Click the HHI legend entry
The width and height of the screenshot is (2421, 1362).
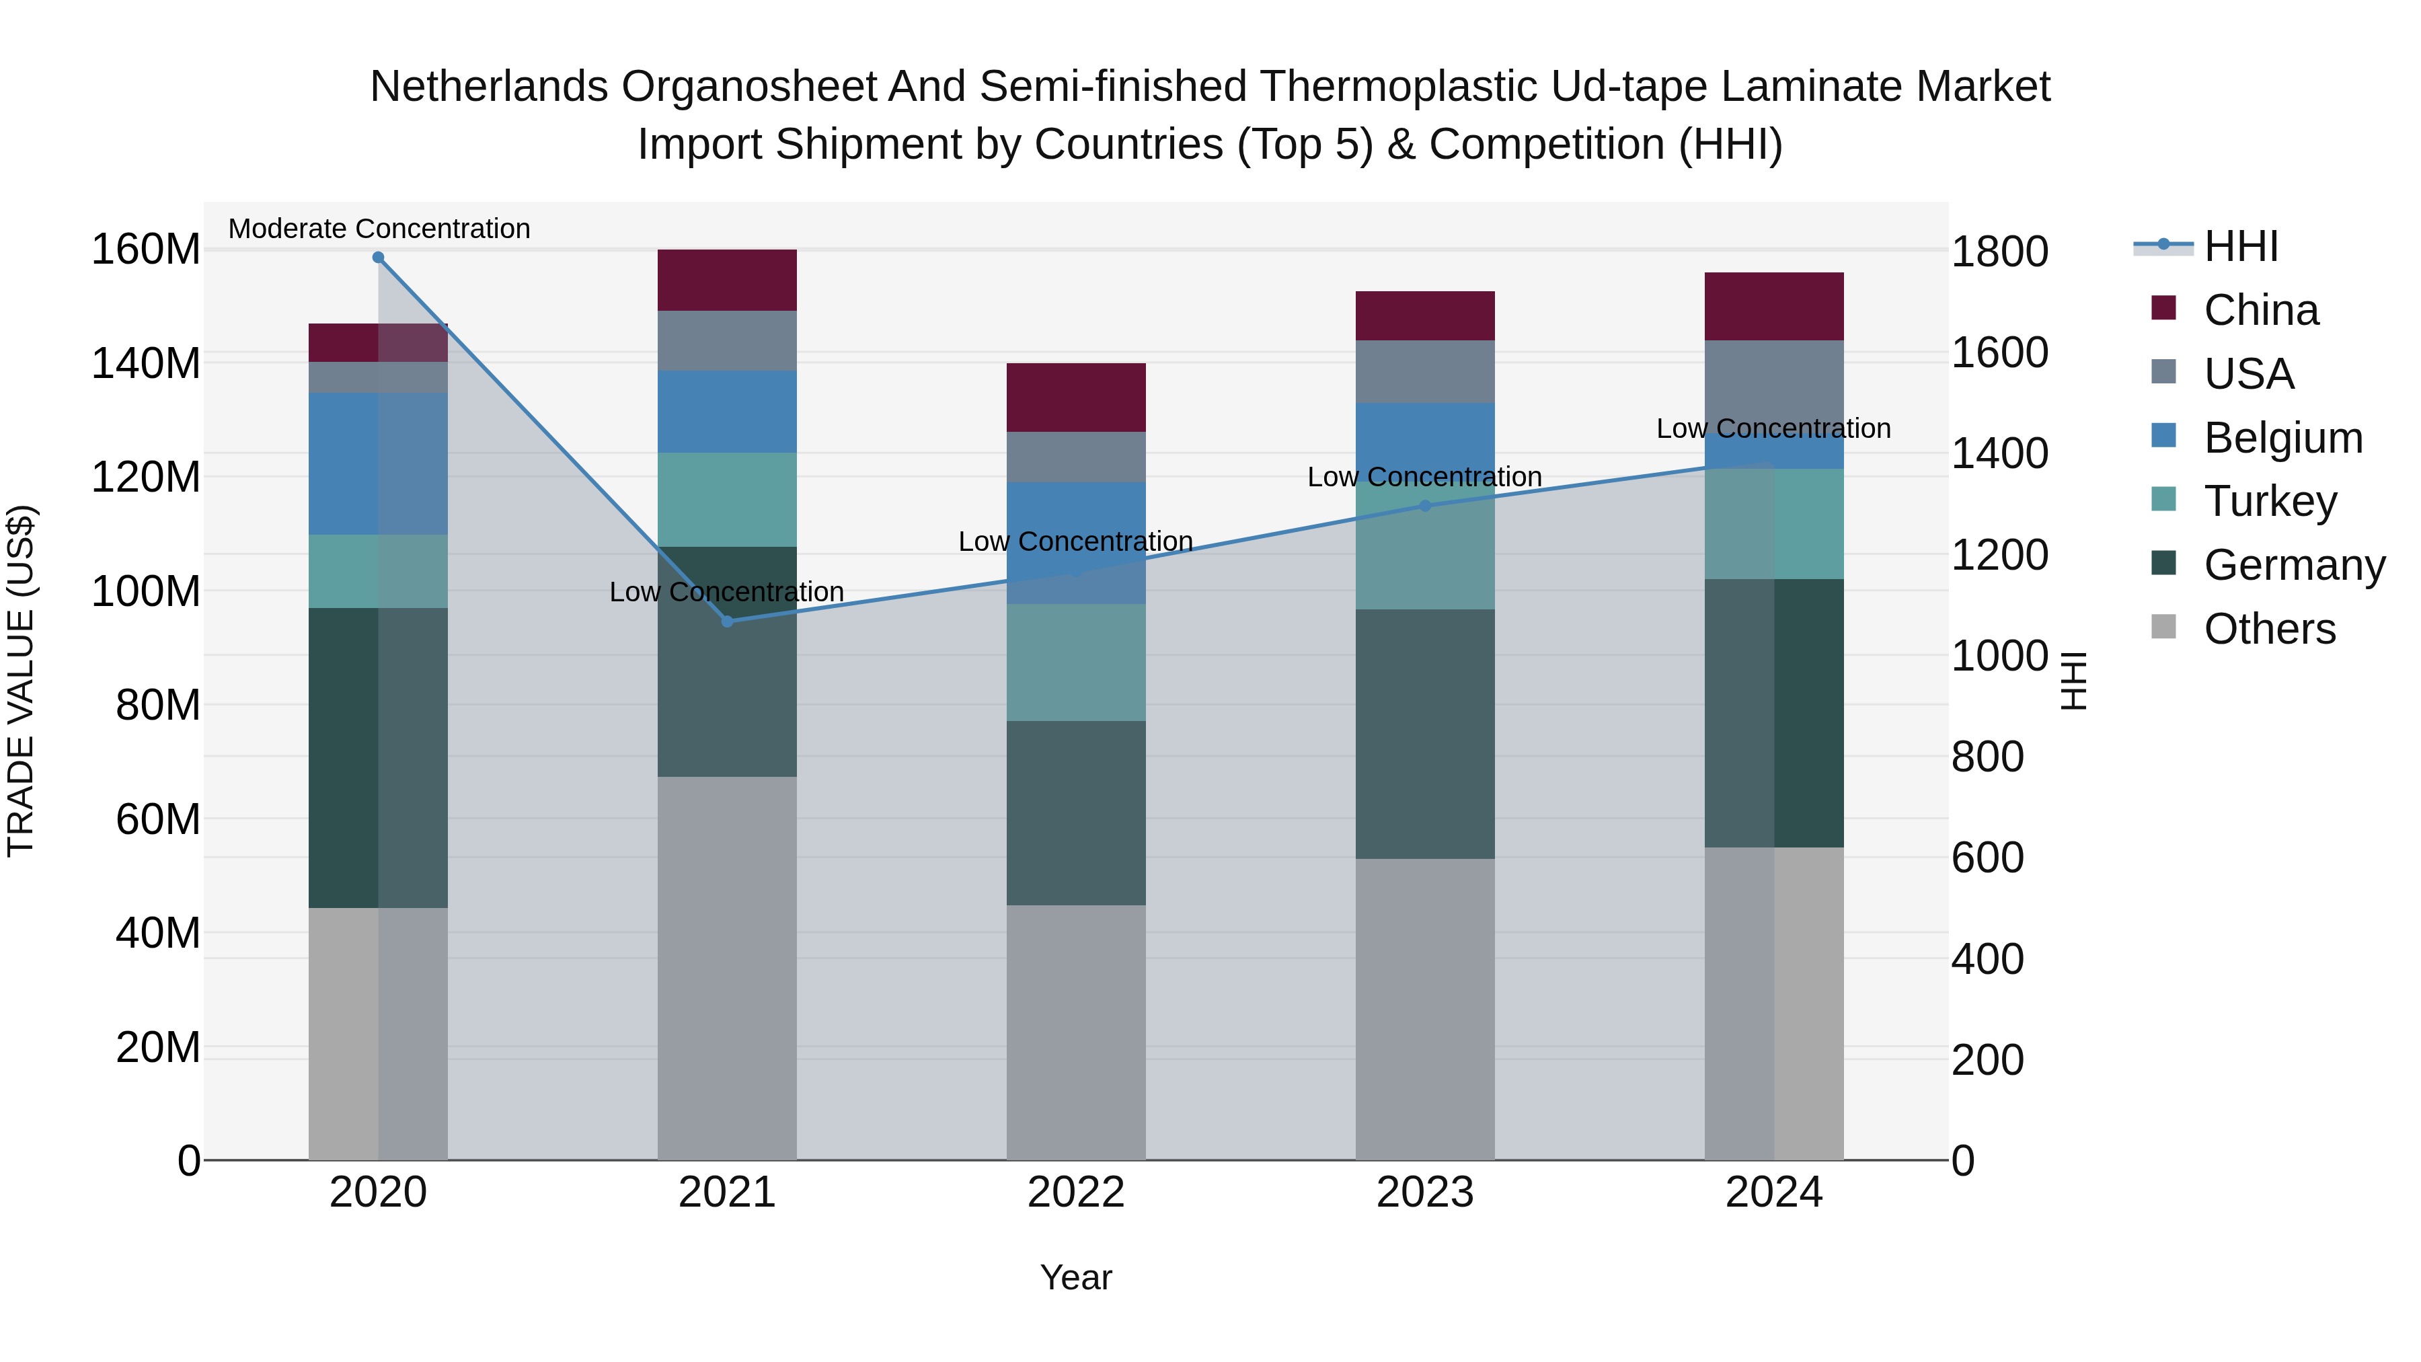pyautogui.click(x=2241, y=246)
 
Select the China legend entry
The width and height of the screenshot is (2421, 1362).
pyautogui.click(x=2260, y=310)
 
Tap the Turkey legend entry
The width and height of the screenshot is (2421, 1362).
pyautogui.click(x=2270, y=501)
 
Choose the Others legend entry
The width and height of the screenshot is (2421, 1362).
pyautogui.click(x=2269, y=629)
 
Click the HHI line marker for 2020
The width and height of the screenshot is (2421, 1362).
pyautogui.click(x=378, y=258)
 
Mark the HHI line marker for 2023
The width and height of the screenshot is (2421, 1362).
pyautogui.click(x=1425, y=506)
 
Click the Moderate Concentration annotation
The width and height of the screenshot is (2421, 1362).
pyautogui.click(x=379, y=229)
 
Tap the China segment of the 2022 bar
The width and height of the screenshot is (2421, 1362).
pyautogui.click(x=1076, y=398)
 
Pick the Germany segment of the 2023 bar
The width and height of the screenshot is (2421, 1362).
pyautogui.click(x=1425, y=733)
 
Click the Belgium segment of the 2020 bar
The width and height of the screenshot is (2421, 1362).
pyautogui.click(x=378, y=463)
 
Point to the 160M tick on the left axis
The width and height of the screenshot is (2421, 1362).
pyautogui.click(x=146, y=250)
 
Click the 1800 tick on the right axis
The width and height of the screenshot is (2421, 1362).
pyautogui.click(x=1999, y=252)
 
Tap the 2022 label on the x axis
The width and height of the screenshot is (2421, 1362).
pyautogui.click(x=1076, y=1193)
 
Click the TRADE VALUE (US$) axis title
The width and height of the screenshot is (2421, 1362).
pyautogui.click(x=21, y=681)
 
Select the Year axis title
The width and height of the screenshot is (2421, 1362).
pyautogui.click(x=1076, y=1277)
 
